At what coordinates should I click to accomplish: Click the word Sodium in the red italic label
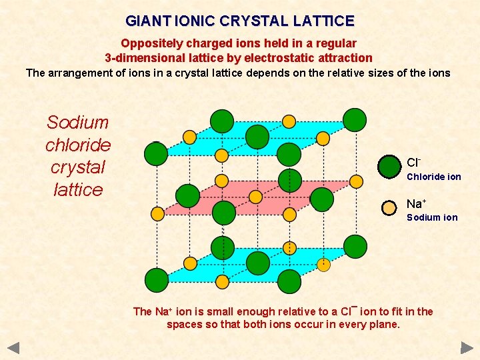click(78, 123)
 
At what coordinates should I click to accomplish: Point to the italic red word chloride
click(78, 145)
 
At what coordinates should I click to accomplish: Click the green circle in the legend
click(389, 167)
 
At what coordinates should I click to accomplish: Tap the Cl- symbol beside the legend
click(413, 163)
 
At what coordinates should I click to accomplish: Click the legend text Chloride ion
click(434, 177)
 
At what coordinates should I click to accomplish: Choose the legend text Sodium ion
click(432, 217)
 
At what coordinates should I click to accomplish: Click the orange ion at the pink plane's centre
click(255, 197)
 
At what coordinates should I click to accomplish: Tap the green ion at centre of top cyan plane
click(257, 137)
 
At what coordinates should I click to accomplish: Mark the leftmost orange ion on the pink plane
click(157, 214)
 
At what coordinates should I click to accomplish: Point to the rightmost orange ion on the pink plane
click(355, 180)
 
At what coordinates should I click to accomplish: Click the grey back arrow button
click(14, 347)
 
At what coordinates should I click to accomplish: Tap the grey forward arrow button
click(467, 347)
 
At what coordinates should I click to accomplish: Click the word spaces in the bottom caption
click(182, 325)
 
